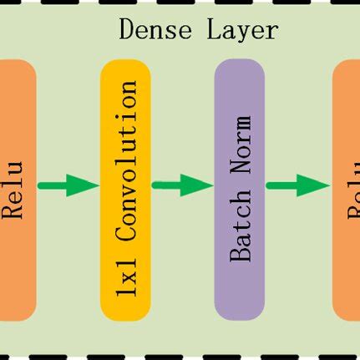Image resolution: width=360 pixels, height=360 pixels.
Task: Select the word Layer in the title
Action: (241, 31)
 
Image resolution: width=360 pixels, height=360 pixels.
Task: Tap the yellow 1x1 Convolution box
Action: (125, 190)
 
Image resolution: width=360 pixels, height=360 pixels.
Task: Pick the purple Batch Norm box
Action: (240, 190)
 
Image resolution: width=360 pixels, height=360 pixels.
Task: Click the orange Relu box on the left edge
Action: (17, 190)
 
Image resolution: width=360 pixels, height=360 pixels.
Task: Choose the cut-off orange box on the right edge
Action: (347, 190)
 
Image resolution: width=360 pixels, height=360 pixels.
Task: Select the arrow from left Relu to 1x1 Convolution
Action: (68, 185)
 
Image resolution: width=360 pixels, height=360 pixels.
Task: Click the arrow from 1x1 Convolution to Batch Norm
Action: (182, 185)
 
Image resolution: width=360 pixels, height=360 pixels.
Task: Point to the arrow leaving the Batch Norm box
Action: (297, 185)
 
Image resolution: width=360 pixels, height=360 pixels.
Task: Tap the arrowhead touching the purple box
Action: (200, 185)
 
